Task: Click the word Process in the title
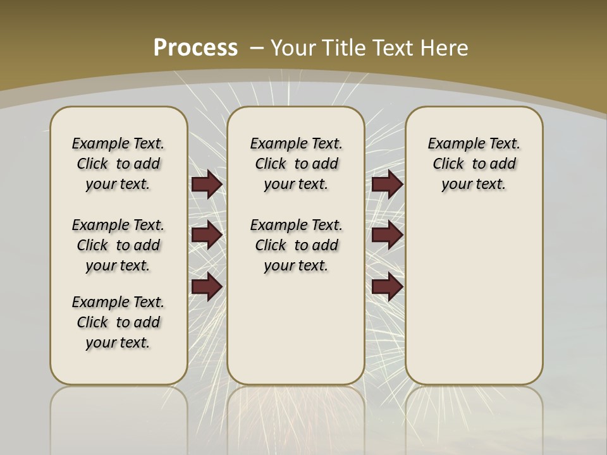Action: pyautogui.click(x=195, y=47)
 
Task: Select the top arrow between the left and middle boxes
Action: pyautogui.click(x=207, y=185)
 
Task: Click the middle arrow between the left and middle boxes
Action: pyautogui.click(x=207, y=235)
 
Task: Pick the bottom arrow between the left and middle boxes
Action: pyautogui.click(x=207, y=286)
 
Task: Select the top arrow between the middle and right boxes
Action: pyautogui.click(x=387, y=185)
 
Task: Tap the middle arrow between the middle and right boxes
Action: pyautogui.click(x=387, y=235)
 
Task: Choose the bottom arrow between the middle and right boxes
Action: pyautogui.click(x=387, y=286)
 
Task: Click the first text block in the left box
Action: pyautogui.click(x=118, y=164)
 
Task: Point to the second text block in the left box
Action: pyautogui.click(x=118, y=245)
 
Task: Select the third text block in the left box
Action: pyautogui.click(x=118, y=322)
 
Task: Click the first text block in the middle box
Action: pyautogui.click(x=296, y=164)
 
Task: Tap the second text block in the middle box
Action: pyautogui.click(x=296, y=245)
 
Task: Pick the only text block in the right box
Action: pyautogui.click(x=474, y=164)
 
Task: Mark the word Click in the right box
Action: pyautogui.click(x=448, y=164)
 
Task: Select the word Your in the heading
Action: pyautogui.click(x=294, y=47)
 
